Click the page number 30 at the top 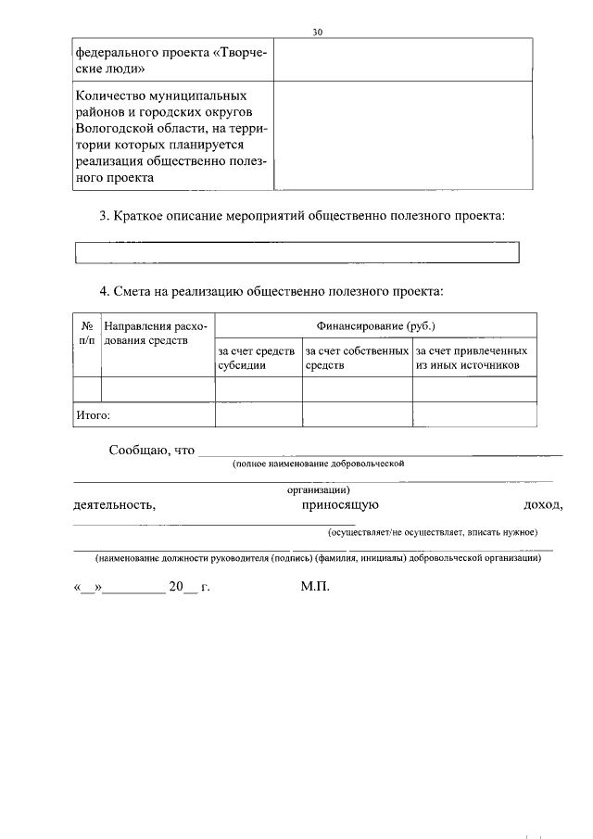[317, 32]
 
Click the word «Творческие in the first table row [240, 53]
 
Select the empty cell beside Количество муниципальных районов [403, 136]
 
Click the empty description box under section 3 [296, 252]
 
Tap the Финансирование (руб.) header [375, 326]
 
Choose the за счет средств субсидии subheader [258, 359]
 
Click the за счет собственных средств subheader [357, 359]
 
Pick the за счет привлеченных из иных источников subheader [473, 359]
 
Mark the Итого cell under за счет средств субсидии [259, 415]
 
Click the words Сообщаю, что [152, 451]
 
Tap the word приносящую [339, 505]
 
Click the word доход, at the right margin [543, 505]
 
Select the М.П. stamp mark [315, 588]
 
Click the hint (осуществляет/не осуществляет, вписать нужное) [432, 532]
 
